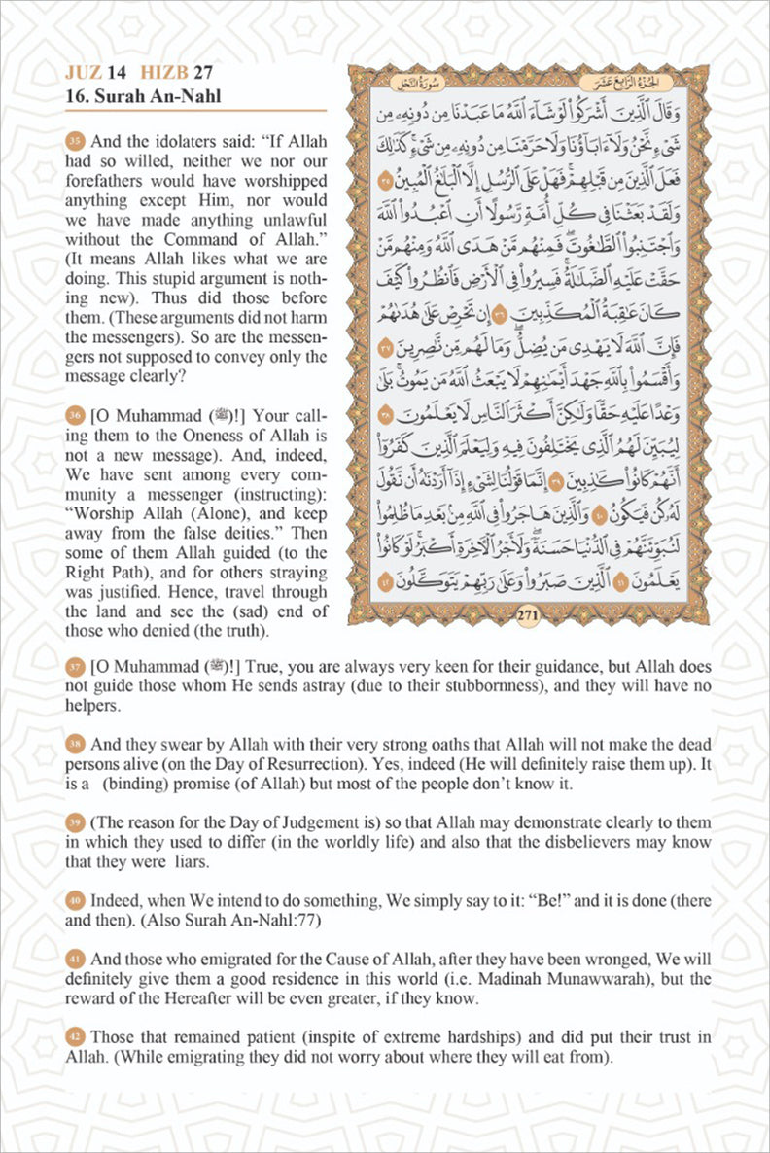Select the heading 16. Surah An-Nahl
point(143,96)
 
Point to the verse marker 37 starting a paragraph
point(76,667)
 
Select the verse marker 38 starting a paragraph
point(76,744)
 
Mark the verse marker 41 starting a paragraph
point(76,960)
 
